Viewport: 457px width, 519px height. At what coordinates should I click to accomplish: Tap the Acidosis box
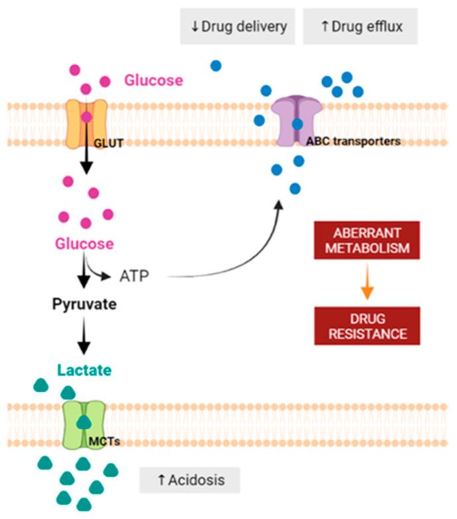coord(189,479)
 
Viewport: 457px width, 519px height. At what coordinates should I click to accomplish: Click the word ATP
coord(136,274)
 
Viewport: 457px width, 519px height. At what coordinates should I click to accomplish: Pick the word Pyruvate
coord(84,305)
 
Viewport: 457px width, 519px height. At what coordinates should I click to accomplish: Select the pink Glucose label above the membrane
coord(153,81)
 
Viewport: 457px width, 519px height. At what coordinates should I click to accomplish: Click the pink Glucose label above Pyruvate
coord(84,243)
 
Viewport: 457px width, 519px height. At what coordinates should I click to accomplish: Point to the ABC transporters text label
coord(353,141)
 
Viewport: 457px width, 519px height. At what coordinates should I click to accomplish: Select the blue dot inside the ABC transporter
coord(298,124)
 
